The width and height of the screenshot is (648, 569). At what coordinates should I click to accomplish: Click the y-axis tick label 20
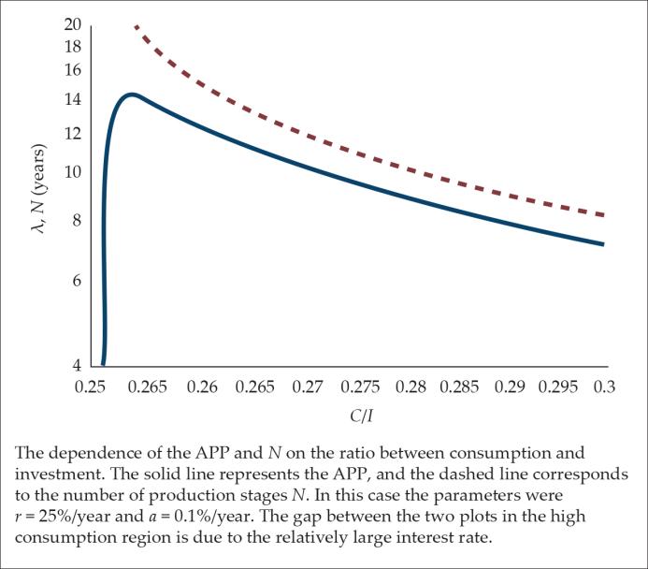pyautogui.click(x=73, y=25)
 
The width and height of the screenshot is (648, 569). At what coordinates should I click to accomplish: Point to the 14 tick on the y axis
pyautogui.click(x=73, y=100)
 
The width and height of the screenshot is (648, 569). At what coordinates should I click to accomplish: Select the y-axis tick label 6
pyautogui.click(x=77, y=281)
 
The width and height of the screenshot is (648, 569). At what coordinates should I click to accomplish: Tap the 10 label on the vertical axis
pyautogui.click(x=73, y=172)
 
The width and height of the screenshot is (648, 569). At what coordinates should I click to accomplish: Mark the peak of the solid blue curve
pyautogui.click(x=132, y=94)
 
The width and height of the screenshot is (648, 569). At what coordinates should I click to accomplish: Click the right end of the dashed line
pyautogui.click(x=604, y=215)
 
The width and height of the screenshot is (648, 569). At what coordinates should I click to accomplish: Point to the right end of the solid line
pyautogui.click(x=604, y=244)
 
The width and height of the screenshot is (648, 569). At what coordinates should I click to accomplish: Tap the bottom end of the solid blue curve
pyautogui.click(x=103, y=364)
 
